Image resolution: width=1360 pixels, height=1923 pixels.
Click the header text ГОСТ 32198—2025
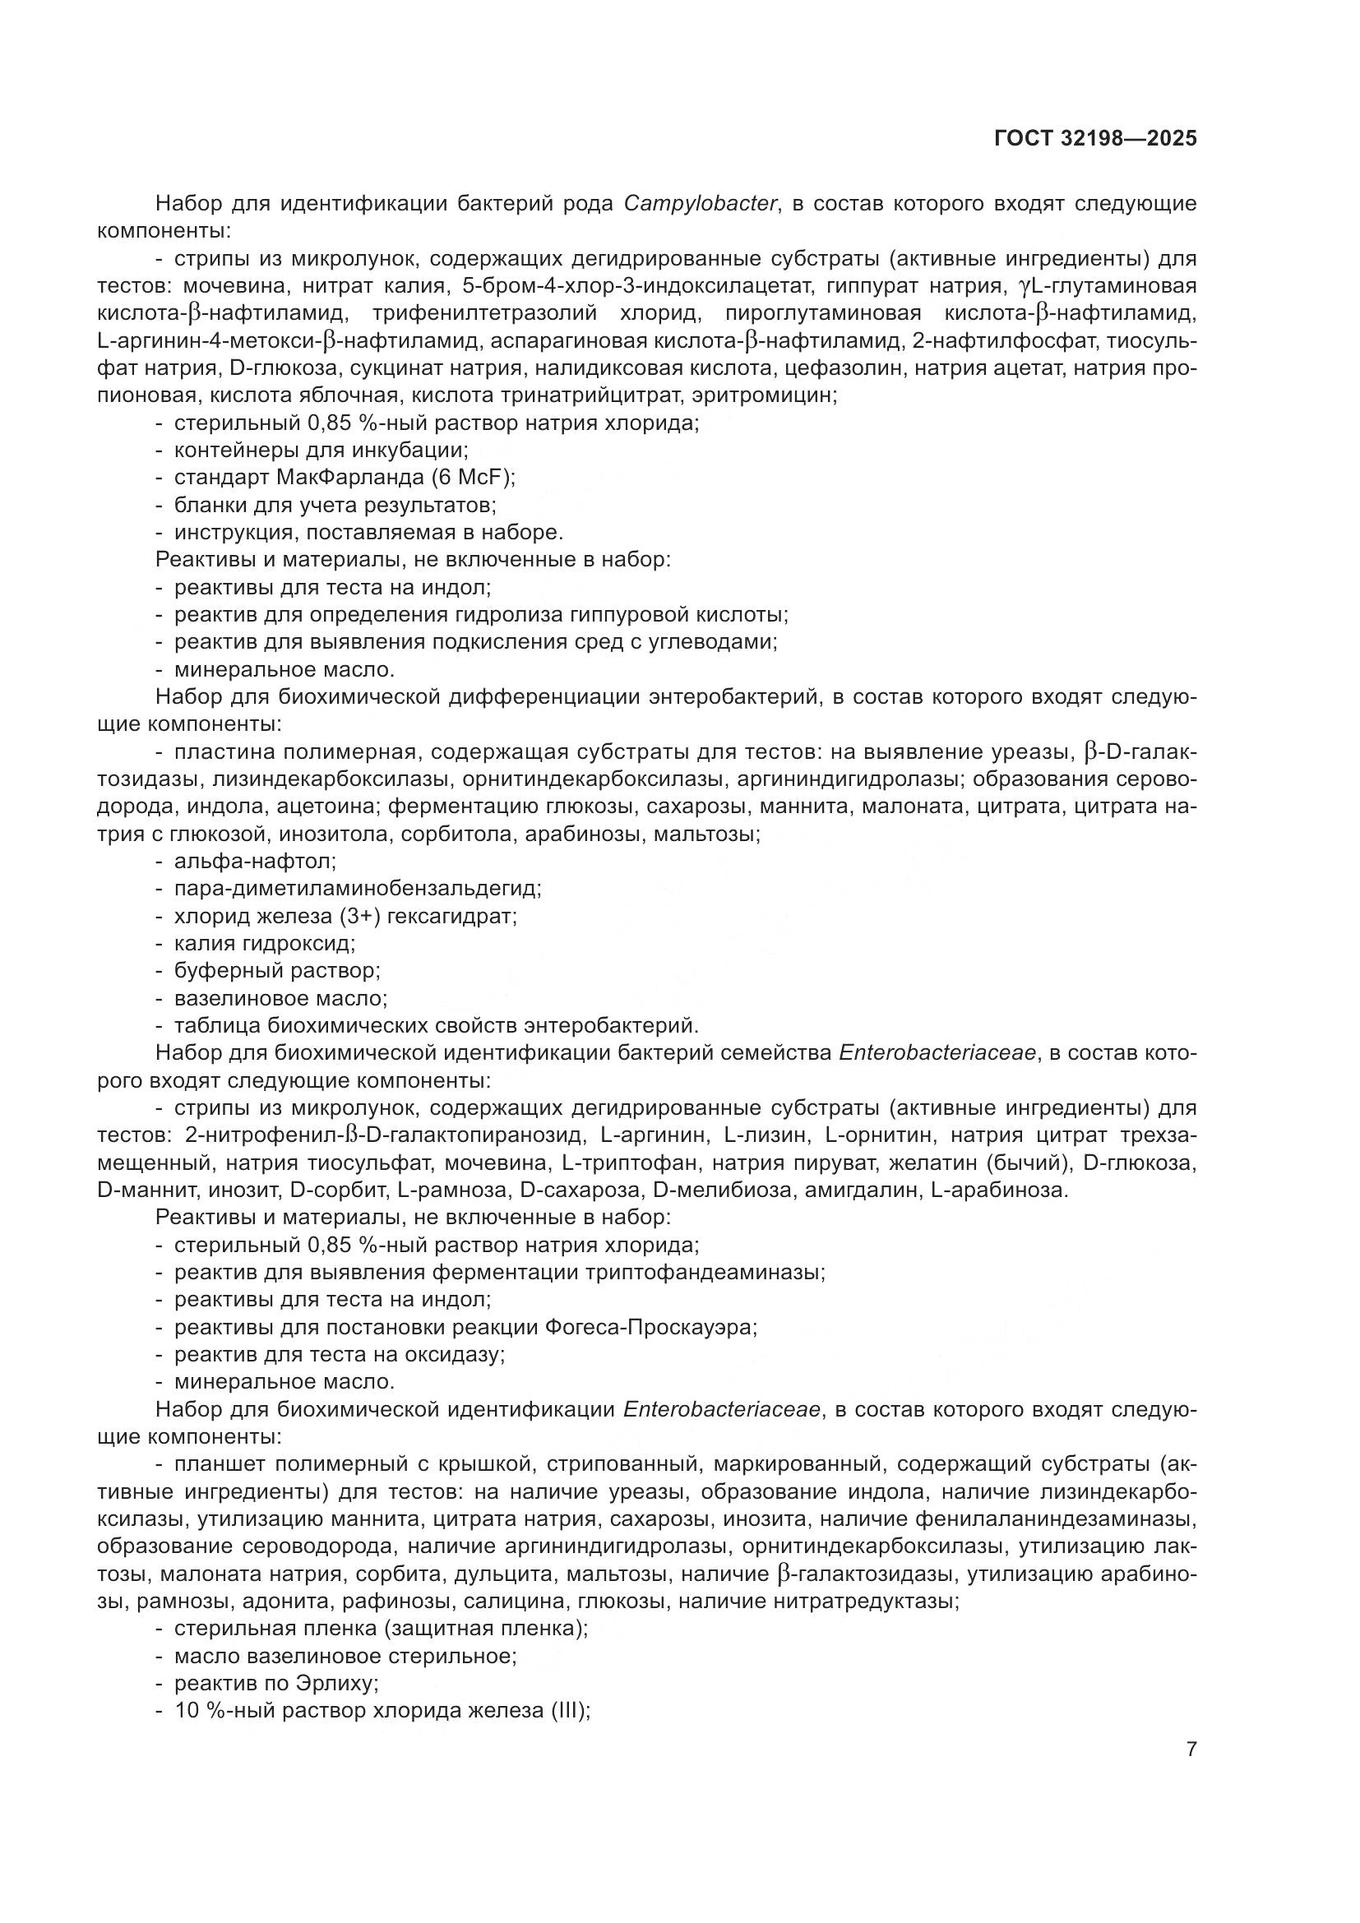pos(1094,138)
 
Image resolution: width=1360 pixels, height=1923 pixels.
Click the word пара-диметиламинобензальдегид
pos(358,888)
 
